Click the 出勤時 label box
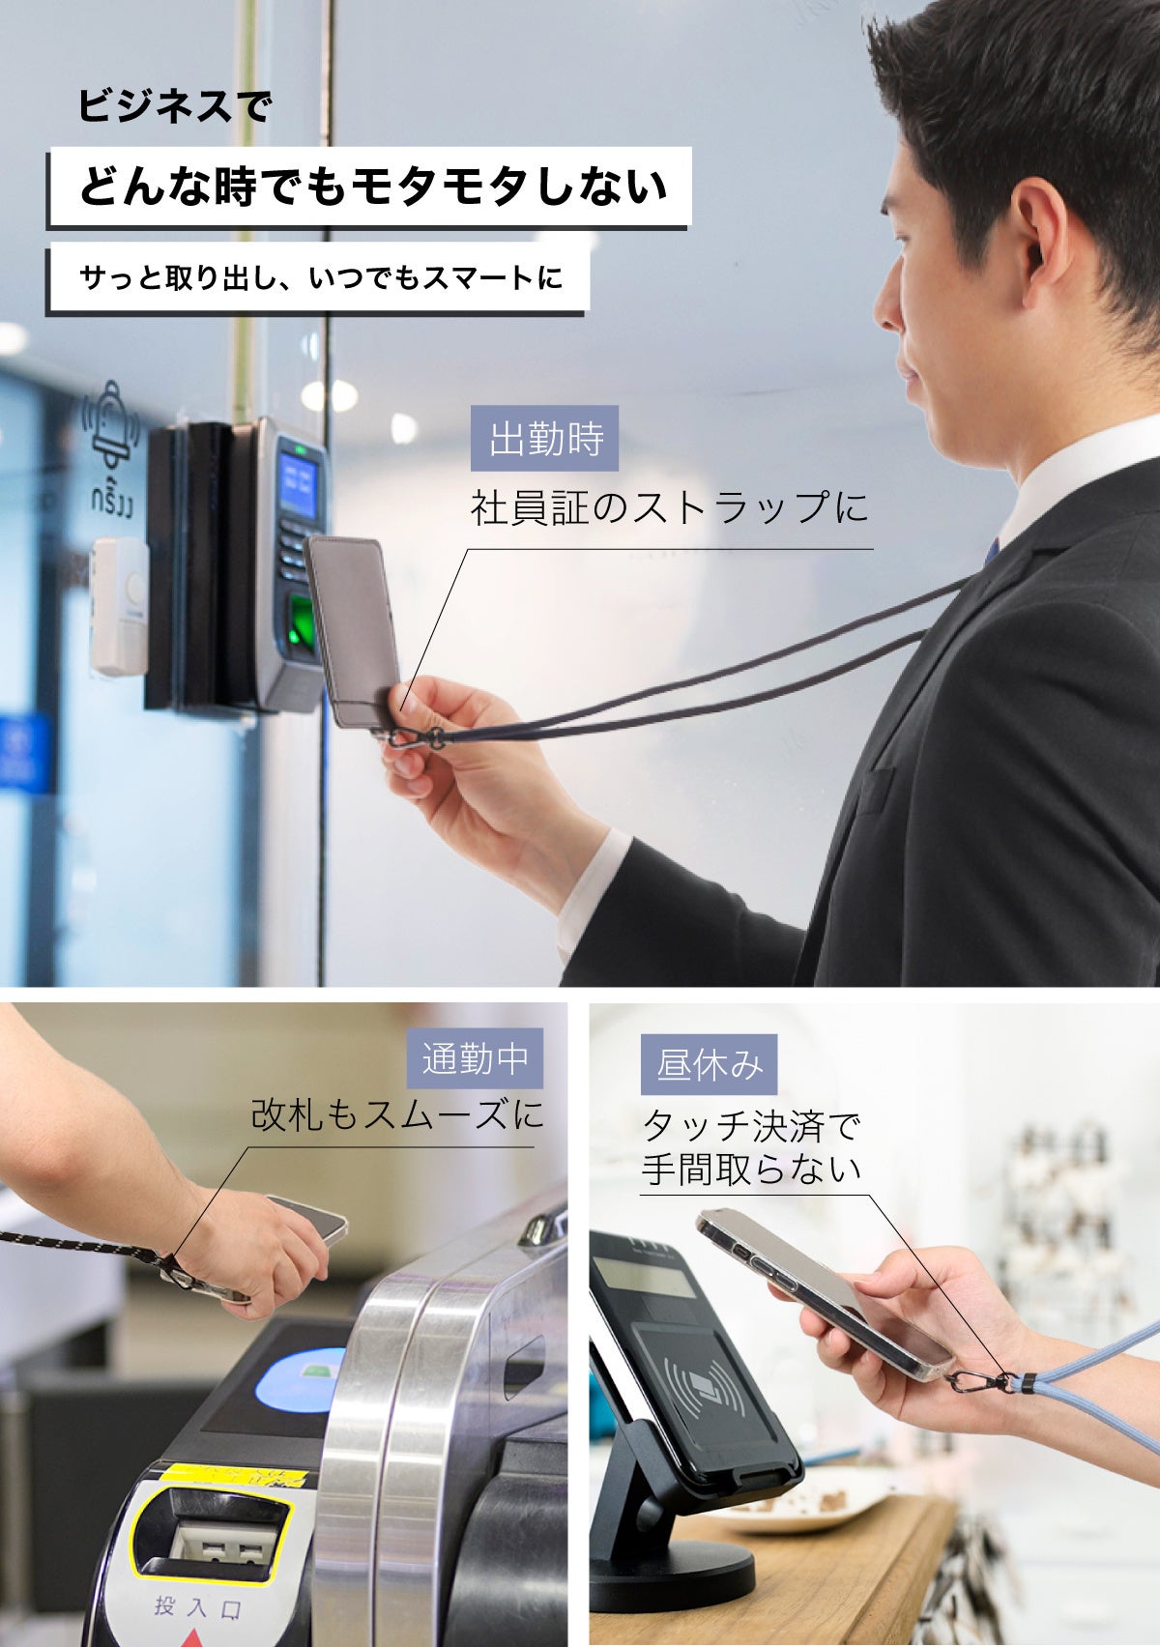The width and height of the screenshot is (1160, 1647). [544, 438]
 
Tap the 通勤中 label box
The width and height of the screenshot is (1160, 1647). [475, 1058]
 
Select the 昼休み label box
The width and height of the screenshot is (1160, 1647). [709, 1064]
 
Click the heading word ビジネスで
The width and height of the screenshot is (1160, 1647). [175, 105]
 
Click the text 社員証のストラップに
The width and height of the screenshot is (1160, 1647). [670, 507]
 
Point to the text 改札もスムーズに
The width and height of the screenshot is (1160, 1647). [396, 1114]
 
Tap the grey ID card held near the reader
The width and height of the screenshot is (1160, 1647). [353, 628]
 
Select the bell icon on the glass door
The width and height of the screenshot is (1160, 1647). [111, 425]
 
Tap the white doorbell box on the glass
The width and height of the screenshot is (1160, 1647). [119, 605]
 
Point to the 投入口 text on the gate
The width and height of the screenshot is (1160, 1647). [197, 1606]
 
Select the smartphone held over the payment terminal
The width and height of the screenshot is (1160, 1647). [822, 1290]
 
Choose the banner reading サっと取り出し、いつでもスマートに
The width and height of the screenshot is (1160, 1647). [319, 278]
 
